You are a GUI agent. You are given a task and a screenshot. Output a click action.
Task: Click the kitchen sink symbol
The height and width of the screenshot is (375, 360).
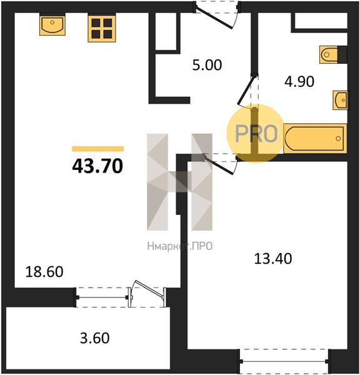(x=52, y=24)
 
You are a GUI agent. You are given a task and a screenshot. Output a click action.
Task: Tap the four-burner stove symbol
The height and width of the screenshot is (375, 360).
(x=102, y=27)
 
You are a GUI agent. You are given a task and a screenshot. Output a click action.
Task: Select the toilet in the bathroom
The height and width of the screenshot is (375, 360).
(x=333, y=54)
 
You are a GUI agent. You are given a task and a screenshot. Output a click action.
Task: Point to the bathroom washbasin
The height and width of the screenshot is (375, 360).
(x=341, y=100)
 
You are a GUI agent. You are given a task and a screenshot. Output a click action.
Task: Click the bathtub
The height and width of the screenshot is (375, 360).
(x=315, y=139)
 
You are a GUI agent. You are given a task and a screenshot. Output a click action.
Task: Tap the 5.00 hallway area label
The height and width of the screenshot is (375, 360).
(x=207, y=65)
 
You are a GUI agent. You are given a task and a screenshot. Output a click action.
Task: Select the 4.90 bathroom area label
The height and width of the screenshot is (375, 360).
(x=299, y=81)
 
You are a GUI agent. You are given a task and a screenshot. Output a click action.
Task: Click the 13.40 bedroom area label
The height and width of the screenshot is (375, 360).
(x=273, y=259)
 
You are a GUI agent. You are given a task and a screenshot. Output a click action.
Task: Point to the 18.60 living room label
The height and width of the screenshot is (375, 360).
(x=44, y=272)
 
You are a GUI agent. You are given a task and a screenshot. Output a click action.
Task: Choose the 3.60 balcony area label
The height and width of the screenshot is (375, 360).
(x=95, y=338)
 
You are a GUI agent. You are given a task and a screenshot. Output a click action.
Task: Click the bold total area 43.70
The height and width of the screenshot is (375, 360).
(x=97, y=166)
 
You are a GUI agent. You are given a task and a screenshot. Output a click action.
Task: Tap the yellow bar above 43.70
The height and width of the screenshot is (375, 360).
(x=98, y=149)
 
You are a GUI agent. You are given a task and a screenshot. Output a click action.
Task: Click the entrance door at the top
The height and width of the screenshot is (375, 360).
(x=214, y=18)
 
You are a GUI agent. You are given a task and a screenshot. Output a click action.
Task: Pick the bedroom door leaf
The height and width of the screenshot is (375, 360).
(x=219, y=165)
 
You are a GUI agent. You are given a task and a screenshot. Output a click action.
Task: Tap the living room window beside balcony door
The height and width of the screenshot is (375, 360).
(x=102, y=297)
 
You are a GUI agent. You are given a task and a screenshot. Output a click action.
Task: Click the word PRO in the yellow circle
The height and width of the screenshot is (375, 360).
(x=256, y=134)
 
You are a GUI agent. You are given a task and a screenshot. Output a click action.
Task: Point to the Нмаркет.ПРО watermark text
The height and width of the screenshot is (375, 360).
(x=180, y=246)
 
